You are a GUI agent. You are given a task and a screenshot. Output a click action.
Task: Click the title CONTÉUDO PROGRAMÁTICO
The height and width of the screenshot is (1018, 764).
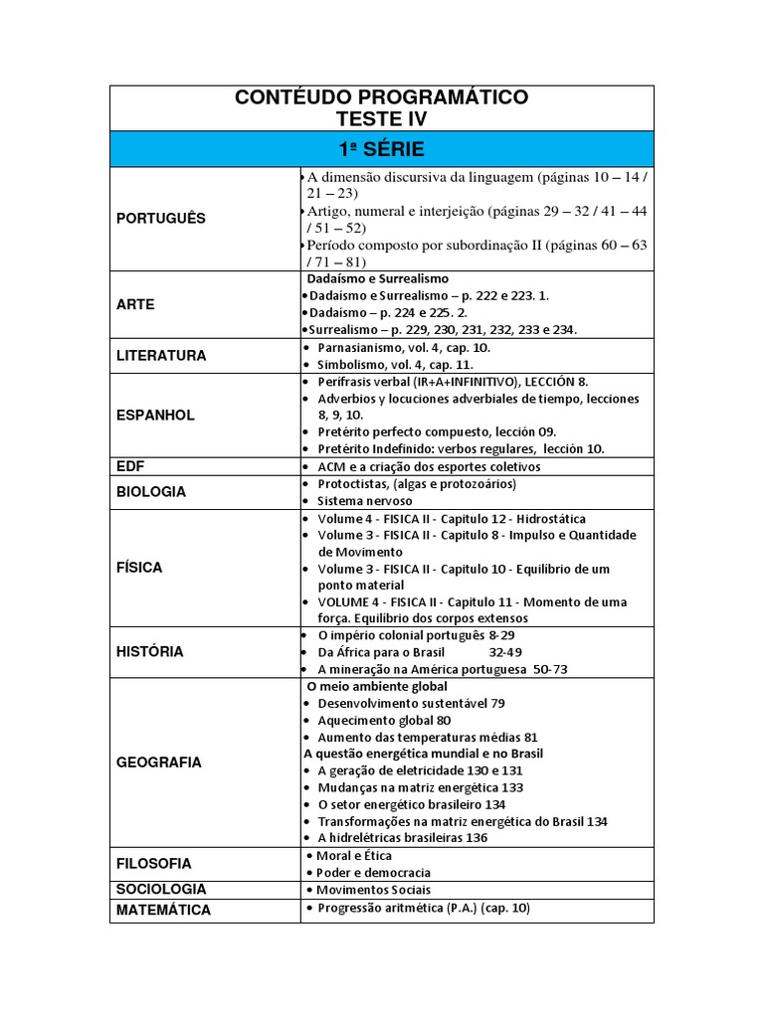[381, 97]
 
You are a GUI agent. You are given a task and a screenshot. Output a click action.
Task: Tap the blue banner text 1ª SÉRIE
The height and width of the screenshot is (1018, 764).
[381, 149]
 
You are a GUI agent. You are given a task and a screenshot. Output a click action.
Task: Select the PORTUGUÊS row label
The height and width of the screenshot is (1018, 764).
[161, 219]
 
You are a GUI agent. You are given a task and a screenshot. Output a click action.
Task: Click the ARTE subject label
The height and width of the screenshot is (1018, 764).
[135, 304]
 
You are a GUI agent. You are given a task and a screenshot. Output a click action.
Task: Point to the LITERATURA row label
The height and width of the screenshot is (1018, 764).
[161, 355]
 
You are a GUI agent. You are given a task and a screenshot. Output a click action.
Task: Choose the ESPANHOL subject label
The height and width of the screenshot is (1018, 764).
[155, 415]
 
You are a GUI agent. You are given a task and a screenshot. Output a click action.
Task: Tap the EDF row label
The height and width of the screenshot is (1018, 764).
[130, 465]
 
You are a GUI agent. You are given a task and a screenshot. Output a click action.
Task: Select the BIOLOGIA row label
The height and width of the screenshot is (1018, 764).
[151, 491]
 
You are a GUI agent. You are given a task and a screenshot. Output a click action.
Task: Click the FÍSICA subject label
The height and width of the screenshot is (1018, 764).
[139, 568]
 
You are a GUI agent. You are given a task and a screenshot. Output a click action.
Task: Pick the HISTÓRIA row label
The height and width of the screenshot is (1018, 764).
[150, 651]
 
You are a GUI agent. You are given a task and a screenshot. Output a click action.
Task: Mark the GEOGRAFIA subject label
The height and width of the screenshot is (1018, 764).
[159, 763]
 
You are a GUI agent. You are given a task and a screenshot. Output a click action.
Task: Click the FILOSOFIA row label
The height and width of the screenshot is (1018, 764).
[154, 864]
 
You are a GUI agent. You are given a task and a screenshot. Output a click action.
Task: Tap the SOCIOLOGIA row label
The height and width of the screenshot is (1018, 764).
[161, 889]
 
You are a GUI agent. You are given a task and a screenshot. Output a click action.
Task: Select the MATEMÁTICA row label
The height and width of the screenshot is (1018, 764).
[163, 910]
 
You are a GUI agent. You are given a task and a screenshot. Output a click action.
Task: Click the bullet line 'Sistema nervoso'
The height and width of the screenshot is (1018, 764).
[364, 500]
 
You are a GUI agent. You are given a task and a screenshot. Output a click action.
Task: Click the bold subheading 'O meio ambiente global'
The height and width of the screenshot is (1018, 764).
[377, 686]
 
